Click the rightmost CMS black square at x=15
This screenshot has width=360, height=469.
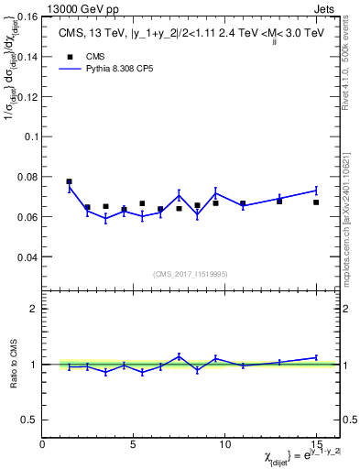tap(316, 202)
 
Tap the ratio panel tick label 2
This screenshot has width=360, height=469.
tap(34, 309)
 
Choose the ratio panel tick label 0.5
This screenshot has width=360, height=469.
tap(30, 420)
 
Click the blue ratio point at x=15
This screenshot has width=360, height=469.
tap(316, 357)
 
